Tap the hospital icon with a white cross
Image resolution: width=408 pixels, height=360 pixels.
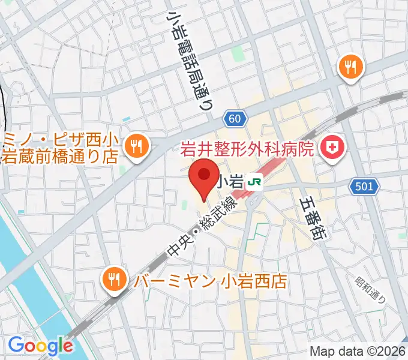pos(331,146)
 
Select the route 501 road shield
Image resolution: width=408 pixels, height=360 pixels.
pos(364,187)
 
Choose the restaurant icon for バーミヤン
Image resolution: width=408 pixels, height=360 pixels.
pos(113,278)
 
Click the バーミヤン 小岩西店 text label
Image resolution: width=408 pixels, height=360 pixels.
pos(210,280)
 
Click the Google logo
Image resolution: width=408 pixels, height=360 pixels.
pos(40,345)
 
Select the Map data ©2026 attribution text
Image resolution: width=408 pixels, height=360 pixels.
pos(357,352)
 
